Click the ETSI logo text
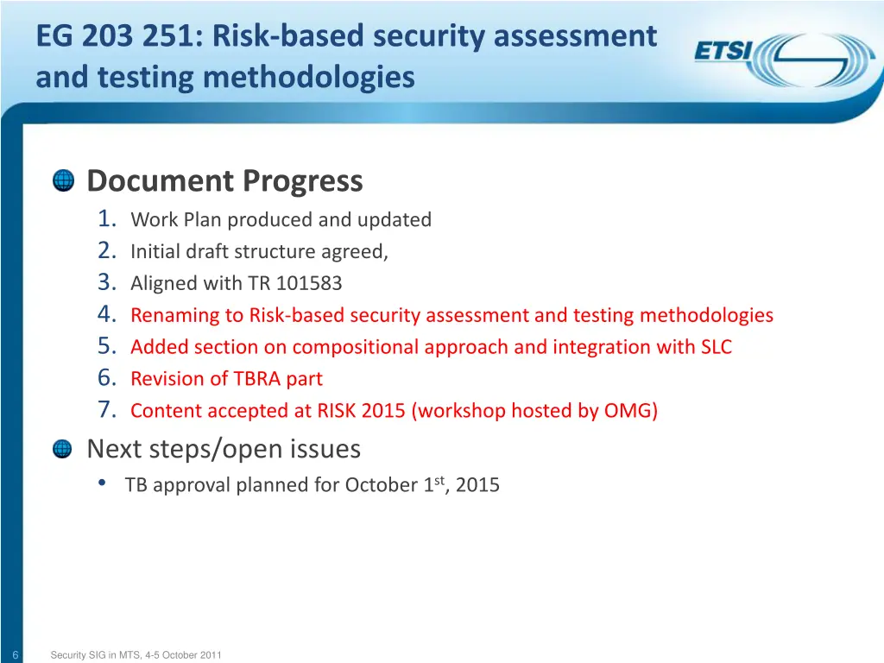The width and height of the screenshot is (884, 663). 723,52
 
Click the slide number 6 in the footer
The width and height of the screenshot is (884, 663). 16,655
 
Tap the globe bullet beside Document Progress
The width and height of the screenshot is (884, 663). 63,181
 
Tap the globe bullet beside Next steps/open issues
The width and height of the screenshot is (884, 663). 63,449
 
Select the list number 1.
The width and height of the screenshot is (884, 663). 107,219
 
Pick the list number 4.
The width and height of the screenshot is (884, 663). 107,315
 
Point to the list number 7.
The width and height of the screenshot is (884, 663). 107,410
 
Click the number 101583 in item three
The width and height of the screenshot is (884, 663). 309,283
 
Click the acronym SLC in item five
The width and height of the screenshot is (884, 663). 713,347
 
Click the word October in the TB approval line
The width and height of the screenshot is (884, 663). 381,485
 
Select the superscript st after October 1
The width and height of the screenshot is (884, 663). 439,480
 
